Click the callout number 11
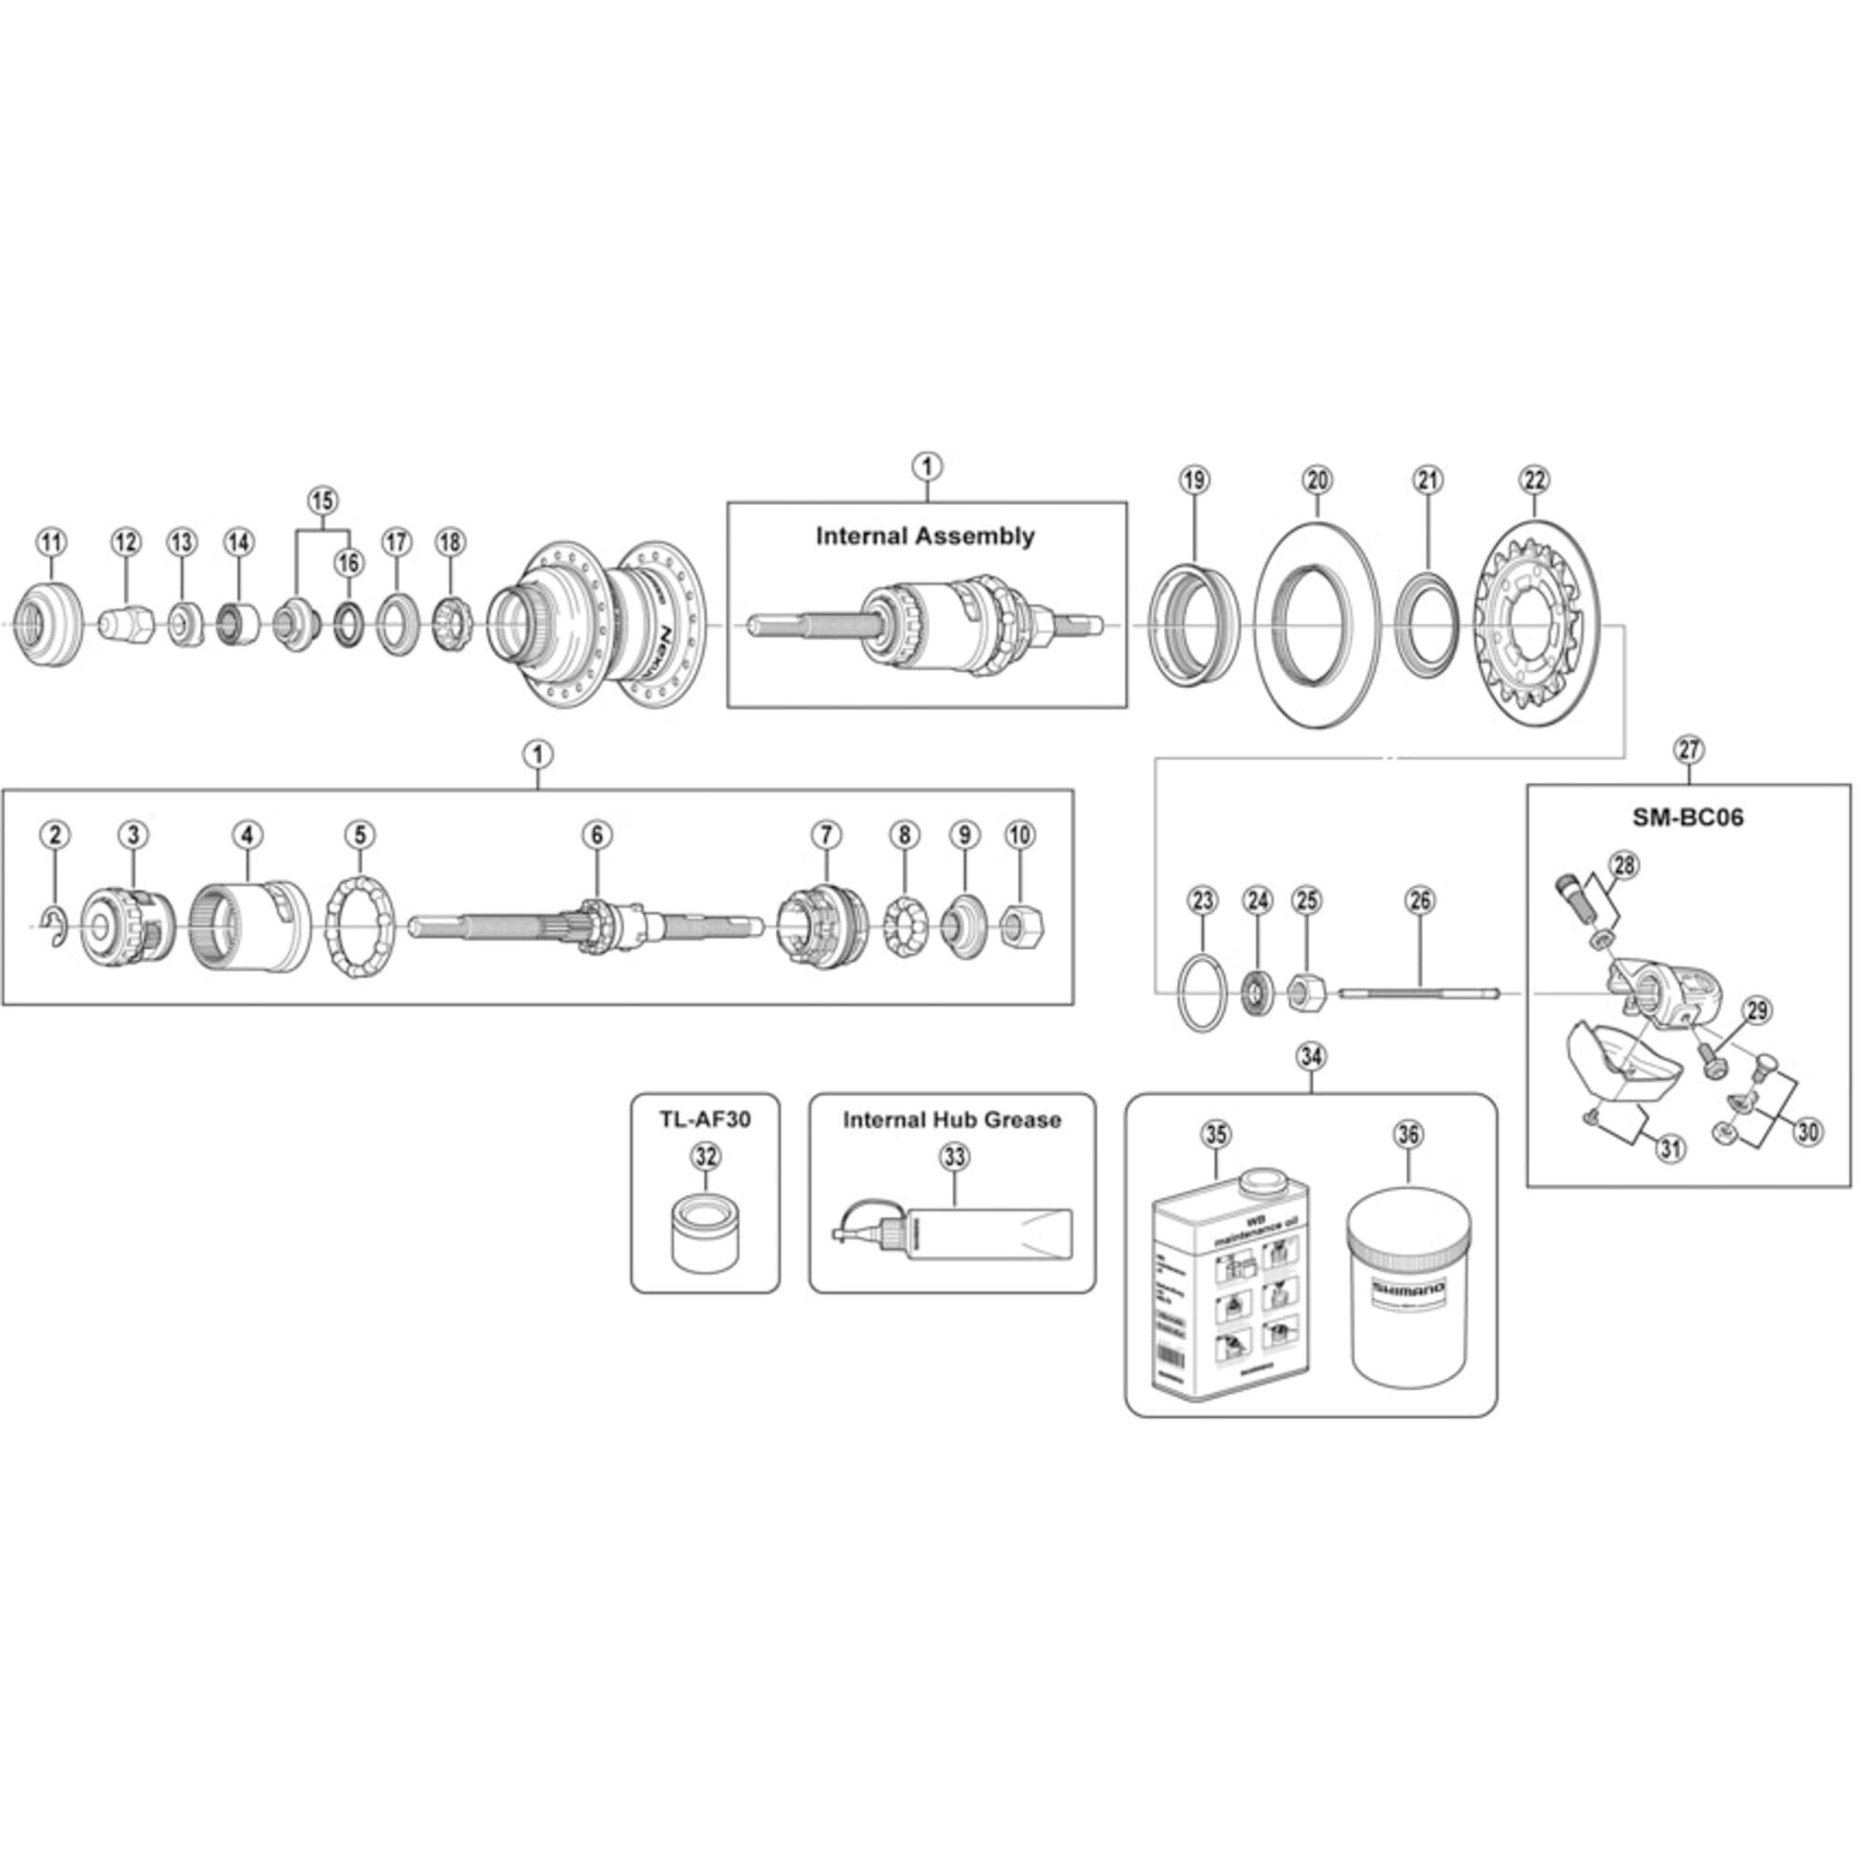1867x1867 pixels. (x=51, y=542)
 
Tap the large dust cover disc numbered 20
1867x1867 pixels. (x=1316, y=629)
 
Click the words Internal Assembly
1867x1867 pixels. (x=925, y=537)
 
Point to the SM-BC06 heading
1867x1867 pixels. (x=1688, y=818)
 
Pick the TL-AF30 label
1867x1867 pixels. (x=705, y=1119)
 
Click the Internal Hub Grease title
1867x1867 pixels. (x=952, y=1120)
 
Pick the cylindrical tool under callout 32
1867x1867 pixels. (x=706, y=1236)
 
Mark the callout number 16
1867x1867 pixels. (x=349, y=561)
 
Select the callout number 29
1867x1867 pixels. (x=1757, y=1011)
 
